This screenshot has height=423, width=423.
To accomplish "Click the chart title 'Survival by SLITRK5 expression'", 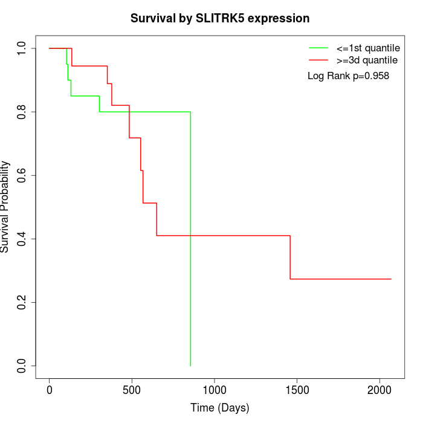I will point(220,19).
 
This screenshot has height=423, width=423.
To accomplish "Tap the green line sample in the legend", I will point(318,47).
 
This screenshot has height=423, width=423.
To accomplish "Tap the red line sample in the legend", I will point(318,60).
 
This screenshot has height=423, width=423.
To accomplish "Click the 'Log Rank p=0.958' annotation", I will point(348,76).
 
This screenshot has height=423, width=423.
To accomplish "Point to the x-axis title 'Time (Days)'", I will point(220,408).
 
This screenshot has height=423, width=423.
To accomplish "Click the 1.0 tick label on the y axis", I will point(22,48).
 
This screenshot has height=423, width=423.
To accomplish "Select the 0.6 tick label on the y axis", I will point(22,175).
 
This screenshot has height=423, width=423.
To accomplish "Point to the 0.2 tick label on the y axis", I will point(22,302).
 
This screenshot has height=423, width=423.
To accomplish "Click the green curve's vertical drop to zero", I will point(190,242).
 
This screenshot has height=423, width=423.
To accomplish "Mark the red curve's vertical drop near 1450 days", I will point(290,257).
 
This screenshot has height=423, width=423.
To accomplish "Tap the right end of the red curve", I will point(391,279).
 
